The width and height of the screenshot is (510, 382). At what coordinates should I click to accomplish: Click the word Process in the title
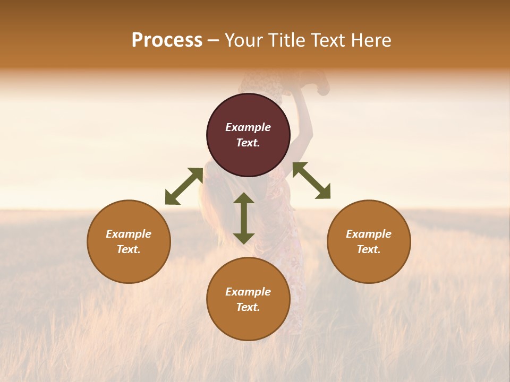click(x=167, y=40)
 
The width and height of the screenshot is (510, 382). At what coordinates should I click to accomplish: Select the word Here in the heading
click(x=371, y=40)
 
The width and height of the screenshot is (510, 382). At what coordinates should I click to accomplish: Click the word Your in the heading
click(x=244, y=40)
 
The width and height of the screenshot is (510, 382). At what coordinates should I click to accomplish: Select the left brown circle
click(x=129, y=241)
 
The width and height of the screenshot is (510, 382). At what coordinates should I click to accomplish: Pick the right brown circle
click(x=369, y=241)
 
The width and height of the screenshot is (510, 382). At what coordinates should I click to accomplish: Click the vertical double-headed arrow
click(x=244, y=218)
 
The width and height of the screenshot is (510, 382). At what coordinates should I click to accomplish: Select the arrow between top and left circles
click(x=184, y=186)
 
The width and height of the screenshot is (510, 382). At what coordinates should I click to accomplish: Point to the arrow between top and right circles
click(x=311, y=180)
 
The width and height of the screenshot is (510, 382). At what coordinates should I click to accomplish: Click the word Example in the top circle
click(x=248, y=127)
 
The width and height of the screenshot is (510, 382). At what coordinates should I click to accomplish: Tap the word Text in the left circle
click(x=129, y=249)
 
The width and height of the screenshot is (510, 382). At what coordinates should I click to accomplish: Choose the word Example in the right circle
click(x=369, y=234)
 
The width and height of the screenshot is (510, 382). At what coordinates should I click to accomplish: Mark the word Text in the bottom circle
click(x=248, y=307)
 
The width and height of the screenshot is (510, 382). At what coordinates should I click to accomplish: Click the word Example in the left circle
click(x=129, y=234)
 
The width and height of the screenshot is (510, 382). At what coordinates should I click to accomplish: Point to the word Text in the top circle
click(x=248, y=143)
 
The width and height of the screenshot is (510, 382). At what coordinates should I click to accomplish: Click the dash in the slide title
click(x=214, y=40)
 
